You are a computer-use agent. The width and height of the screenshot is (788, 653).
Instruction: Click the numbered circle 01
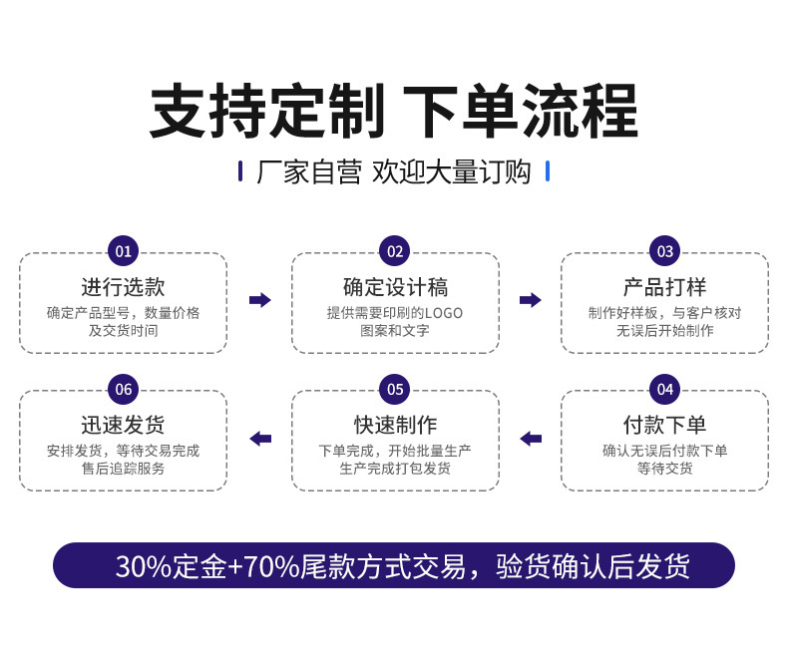click(x=123, y=251)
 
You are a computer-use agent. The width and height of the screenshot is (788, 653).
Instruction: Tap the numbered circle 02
click(x=395, y=251)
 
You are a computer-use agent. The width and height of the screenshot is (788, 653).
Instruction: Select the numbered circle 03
click(x=664, y=251)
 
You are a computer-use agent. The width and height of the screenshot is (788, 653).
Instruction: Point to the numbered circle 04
click(x=664, y=389)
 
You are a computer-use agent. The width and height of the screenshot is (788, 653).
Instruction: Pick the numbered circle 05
click(x=395, y=389)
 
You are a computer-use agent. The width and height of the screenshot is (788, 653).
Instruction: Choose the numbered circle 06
click(x=123, y=389)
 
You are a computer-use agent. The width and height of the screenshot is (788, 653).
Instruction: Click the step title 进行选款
click(x=123, y=287)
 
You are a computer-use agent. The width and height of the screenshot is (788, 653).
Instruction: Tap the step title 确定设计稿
click(x=395, y=287)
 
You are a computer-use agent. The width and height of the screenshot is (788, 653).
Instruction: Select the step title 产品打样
click(x=664, y=287)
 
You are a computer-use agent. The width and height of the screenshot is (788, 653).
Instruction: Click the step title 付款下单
click(x=664, y=425)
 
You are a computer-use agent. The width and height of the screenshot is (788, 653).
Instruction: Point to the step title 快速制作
click(x=395, y=425)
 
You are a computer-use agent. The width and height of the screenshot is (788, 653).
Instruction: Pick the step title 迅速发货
click(x=123, y=425)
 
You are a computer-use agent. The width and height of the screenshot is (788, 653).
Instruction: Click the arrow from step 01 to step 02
click(x=260, y=300)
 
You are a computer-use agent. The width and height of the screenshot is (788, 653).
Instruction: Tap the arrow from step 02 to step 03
click(x=531, y=300)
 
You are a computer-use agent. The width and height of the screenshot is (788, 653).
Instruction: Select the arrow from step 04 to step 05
click(x=531, y=439)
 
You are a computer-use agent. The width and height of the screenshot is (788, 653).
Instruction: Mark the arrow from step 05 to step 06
click(x=260, y=439)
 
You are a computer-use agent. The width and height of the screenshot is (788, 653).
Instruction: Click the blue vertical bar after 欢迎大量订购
click(x=548, y=171)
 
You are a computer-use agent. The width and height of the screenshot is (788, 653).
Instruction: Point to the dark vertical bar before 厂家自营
click(x=240, y=171)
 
